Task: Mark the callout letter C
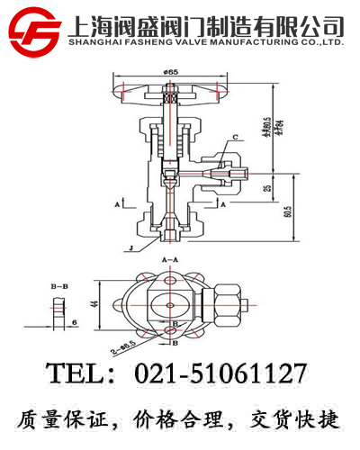tap(236, 137)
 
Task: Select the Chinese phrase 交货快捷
tap(301, 420)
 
